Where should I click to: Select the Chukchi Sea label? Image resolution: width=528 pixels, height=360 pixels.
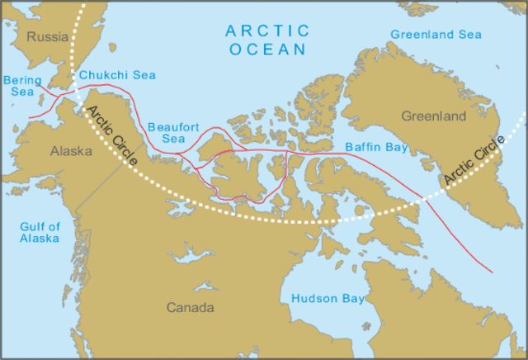pos(116,76)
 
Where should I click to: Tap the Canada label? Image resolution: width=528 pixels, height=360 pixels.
pos(191,308)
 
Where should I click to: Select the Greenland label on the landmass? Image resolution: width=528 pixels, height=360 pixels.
pos(434,116)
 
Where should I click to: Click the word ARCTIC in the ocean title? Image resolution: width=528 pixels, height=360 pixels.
pos(268,31)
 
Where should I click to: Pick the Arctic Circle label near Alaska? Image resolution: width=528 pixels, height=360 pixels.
pos(111,135)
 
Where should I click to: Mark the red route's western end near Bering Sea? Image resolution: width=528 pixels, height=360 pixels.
pos(30,117)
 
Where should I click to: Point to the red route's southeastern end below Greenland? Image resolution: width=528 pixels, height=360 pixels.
pos(493,272)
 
